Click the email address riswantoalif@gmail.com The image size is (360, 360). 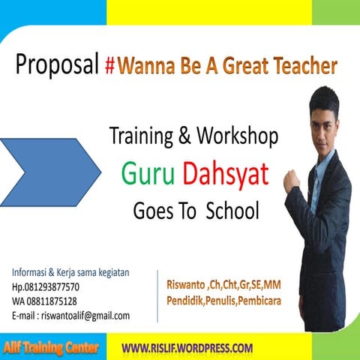coord(70,315)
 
